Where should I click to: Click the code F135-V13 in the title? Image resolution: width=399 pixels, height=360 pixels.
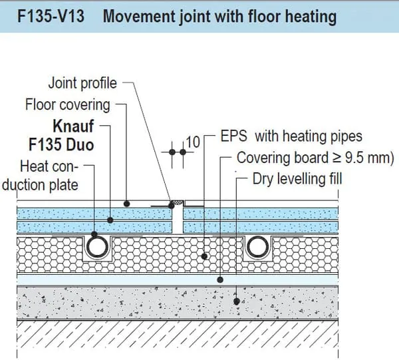click(51, 16)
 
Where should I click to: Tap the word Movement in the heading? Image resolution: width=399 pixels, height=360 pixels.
click(140, 17)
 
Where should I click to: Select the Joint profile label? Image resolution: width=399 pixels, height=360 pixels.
click(82, 83)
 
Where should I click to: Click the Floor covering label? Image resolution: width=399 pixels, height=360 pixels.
click(67, 105)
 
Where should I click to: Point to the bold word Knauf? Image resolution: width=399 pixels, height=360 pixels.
click(73, 126)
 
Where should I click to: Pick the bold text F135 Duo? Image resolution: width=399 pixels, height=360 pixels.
click(61, 144)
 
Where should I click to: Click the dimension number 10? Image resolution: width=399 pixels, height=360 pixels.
click(193, 142)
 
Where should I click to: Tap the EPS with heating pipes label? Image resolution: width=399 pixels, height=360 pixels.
click(291, 136)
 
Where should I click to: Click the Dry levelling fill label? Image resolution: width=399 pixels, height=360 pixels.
click(297, 179)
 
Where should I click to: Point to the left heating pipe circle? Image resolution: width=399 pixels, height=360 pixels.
click(97, 247)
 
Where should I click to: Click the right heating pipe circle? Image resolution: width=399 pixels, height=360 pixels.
click(258, 247)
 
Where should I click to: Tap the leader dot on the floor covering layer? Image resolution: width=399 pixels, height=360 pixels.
click(127, 204)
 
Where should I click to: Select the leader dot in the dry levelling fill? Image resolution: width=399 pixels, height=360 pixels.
click(237, 301)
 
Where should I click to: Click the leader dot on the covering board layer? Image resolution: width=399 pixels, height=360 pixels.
click(220, 279)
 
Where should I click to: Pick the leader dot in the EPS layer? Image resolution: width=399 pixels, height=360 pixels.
click(204, 256)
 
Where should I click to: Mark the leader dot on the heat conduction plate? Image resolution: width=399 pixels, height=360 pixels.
click(94, 234)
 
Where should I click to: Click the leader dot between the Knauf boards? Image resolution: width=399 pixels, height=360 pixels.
click(110, 220)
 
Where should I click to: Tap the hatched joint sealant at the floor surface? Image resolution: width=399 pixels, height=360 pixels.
click(178, 202)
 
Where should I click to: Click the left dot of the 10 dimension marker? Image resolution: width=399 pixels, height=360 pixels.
click(172, 152)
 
